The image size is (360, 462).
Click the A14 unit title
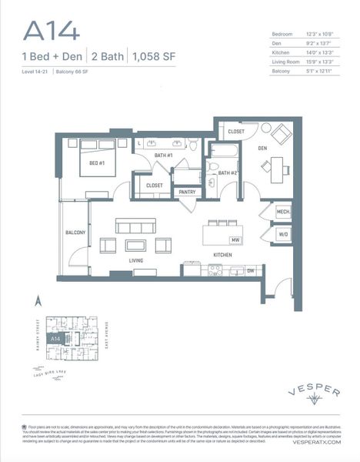51,30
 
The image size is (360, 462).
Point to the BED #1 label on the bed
96,164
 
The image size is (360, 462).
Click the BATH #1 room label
164,157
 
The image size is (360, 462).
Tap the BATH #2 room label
226,173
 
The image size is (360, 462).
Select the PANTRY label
186,192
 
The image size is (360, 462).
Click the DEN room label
262,149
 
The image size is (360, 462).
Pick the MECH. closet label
282,212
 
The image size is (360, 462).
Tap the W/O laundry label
282,234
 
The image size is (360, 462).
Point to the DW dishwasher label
251,270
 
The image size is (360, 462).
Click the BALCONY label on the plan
75,233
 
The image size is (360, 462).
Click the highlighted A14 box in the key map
55,338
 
